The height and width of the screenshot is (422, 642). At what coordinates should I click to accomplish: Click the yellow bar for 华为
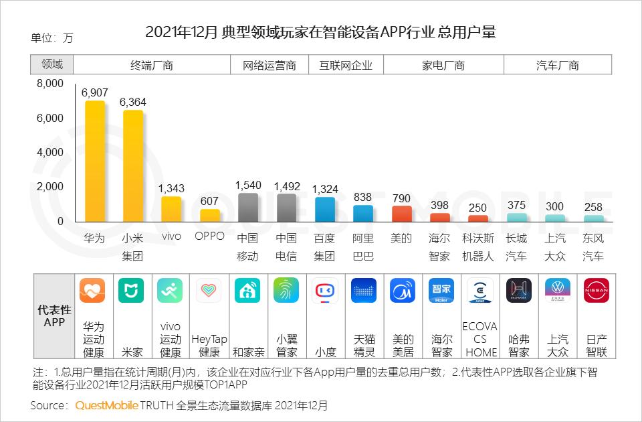click(94, 161)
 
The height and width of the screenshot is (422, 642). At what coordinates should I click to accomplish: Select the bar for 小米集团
click(132, 166)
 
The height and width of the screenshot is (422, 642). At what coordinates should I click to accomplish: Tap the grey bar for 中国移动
click(248, 208)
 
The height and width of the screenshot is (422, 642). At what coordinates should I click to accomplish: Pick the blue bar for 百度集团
click(325, 209)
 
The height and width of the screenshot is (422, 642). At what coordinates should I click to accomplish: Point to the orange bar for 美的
click(401, 214)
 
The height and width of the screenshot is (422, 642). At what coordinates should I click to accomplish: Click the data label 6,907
click(94, 92)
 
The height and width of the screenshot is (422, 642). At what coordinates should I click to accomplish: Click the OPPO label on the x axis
click(209, 236)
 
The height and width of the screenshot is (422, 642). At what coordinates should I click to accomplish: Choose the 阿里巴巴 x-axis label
click(363, 247)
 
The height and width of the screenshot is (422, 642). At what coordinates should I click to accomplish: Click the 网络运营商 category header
click(270, 65)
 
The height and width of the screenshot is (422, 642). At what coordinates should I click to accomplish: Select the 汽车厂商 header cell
click(557, 65)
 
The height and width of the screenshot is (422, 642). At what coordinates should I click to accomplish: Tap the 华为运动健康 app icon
click(92, 291)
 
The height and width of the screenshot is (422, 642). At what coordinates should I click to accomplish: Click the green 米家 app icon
click(131, 291)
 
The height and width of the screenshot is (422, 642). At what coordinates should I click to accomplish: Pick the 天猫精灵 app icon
click(364, 291)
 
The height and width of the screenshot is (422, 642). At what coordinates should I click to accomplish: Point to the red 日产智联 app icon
click(596, 291)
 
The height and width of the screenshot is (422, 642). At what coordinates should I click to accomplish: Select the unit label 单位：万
click(52, 38)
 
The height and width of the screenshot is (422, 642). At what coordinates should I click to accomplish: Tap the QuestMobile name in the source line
click(107, 406)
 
